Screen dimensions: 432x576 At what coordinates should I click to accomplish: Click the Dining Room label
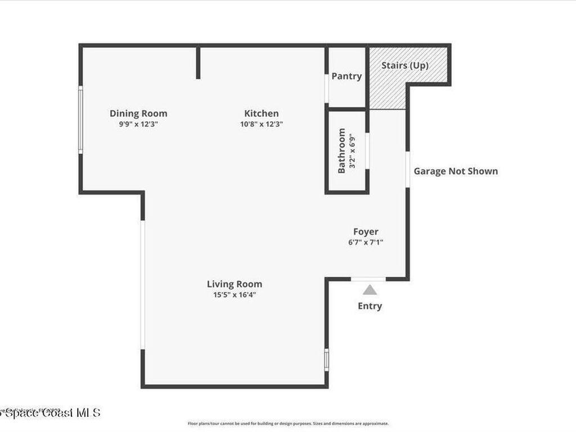(138, 114)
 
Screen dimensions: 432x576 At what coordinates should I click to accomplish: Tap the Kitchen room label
(261, 114)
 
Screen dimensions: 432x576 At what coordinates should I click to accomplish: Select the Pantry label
(346, 76)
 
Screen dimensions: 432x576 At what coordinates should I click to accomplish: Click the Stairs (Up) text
(405, 65)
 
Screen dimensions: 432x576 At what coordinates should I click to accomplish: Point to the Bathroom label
(341, 151)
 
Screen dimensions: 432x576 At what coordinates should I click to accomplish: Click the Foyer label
(366, 232)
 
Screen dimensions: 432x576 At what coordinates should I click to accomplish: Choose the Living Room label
(234, 284)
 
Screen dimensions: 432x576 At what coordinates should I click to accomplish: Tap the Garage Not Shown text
(456, 171)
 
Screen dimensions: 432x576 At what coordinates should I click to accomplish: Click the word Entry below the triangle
(370, 306)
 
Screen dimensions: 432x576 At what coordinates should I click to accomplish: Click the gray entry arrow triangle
(370, 290)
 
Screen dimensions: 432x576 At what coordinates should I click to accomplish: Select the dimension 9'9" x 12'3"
(138, 124)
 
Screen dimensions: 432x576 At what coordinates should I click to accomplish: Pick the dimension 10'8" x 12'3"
(261, 124)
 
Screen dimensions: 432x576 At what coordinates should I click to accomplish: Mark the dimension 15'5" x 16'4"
(234, 295)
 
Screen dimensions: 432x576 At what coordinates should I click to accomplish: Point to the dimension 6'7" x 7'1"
(366, 242)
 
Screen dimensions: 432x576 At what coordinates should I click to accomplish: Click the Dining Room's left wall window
(80, 119)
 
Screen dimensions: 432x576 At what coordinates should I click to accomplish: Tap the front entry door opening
(368, 278)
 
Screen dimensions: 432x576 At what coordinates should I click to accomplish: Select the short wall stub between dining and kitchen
(198, 62)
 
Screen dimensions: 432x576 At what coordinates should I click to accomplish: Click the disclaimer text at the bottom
(288, 424)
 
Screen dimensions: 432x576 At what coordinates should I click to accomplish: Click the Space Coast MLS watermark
(51, 413)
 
